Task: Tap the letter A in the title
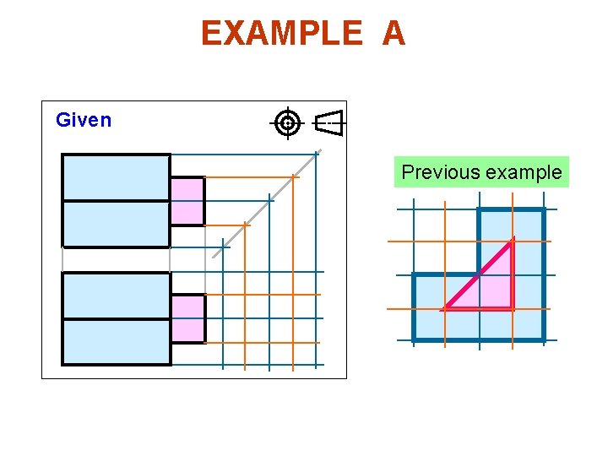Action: [394, 34]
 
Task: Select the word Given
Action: [84, 120]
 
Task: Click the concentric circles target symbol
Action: [288, 123]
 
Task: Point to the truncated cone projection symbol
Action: [329, 123]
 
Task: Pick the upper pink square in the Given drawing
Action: [187, 201]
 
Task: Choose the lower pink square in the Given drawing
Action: [187, 318]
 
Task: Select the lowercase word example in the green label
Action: [523, 172]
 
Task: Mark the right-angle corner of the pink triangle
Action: [512, 308]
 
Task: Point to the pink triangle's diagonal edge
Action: [478, 274]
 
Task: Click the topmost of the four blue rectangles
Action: [116, 177]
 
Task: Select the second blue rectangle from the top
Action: [116, 223]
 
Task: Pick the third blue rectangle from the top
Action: [116, 296]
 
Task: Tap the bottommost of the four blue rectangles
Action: [116, 341]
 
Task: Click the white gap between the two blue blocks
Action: [116, 259]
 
